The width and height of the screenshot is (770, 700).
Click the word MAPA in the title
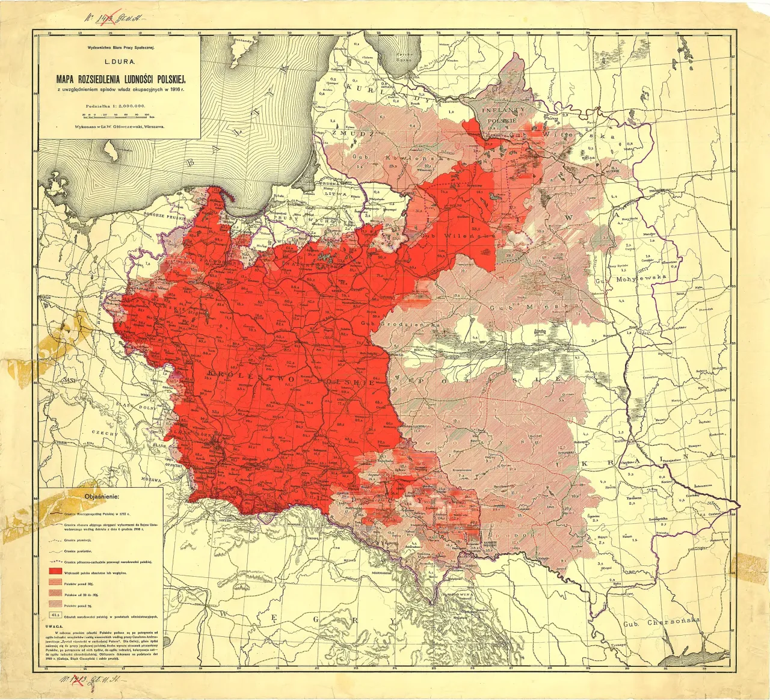(69, 78)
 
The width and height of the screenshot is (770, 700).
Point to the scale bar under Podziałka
(119, 114)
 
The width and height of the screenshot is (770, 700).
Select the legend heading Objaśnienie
(101, 497)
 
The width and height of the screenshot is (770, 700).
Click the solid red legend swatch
(55, 571)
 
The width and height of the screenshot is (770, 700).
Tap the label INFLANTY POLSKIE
(502, 115)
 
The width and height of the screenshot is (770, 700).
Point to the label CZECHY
(103, 432)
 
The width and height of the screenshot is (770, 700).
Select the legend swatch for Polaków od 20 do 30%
(55, 594)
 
